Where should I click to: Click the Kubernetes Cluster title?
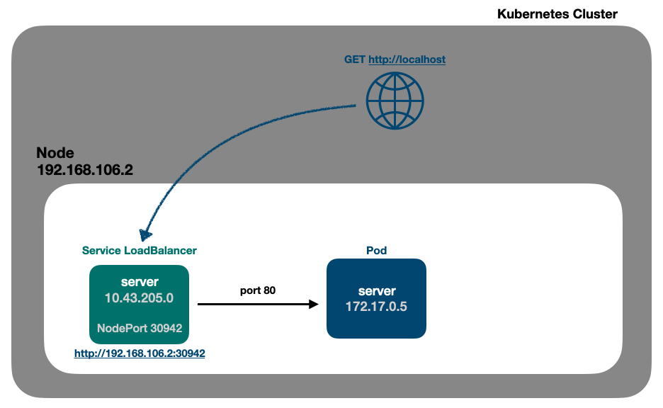(557, 13)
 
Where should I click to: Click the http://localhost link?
(407, 59)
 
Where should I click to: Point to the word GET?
(355, 59)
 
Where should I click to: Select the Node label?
(55, 154)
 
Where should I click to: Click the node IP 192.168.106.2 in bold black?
(84, 170)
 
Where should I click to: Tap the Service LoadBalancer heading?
(139, 250)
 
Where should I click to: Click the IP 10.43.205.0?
(140, 298)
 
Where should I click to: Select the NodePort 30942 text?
(140, 328)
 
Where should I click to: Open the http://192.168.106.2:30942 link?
(140, 352)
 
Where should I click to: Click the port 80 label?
(257, 290)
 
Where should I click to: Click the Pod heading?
(376, 250)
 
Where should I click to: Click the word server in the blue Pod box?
(376, 291)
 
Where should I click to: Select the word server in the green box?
(140, 282)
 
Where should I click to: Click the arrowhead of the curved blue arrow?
(147, 233)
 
